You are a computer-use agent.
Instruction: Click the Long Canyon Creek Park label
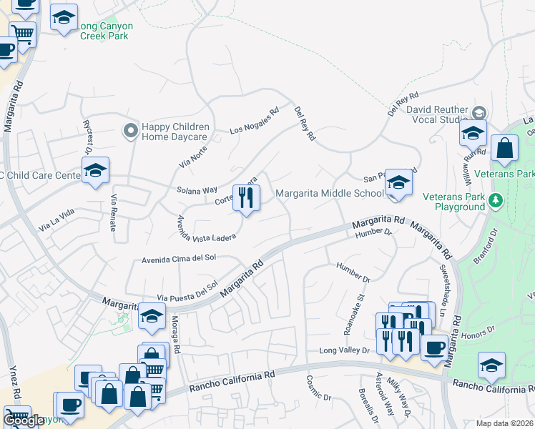pyautogui.click(x=104, y=31)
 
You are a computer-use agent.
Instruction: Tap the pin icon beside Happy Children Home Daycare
pyautogui.click(x=129, y=130)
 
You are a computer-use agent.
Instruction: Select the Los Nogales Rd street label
pyautogui.click(x=254, y=122)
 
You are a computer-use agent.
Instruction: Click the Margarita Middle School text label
pyautogui.click(x=330, y=193)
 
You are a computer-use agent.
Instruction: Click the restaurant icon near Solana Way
pyautogui.click(x=247, y=198)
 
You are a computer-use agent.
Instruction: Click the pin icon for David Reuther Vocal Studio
pyautogui.click(x=478, y=112)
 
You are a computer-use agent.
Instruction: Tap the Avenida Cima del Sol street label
pyautogui.click(x=180, y=259)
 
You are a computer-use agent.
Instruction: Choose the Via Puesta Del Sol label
pyautogui.click(x=187, y=292)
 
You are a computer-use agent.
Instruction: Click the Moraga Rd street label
pyautogui.click(x=175, y=335)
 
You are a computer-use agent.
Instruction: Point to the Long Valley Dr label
pyautogui.click(x=344, y=350)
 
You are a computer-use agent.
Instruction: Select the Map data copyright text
pyautogui.click(x=504, y=423)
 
